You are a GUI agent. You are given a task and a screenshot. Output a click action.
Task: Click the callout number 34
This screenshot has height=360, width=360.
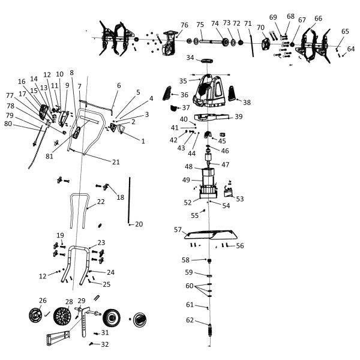[x=190, y=58]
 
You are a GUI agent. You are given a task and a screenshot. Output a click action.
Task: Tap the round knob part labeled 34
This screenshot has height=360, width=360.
[x=208, y=61]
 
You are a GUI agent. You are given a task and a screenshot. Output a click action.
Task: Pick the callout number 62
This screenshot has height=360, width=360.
[x=190, y=320]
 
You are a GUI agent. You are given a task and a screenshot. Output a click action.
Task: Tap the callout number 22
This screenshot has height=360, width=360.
[x=101, y=202]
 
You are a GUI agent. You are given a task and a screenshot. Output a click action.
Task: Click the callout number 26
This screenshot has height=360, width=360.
[x=43, y=301]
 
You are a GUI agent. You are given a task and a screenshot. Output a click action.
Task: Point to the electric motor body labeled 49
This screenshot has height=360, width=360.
[x=210, y=180]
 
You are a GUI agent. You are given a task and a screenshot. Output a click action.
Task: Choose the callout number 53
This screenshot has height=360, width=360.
[x=240, y=198]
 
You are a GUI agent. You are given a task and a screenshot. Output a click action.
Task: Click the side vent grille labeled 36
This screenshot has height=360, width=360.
[x=175, y=94]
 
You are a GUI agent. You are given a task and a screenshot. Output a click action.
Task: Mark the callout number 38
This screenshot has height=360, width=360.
[x=247, y=103]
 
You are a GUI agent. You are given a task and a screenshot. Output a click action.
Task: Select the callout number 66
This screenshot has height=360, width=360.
[x=318, y=19]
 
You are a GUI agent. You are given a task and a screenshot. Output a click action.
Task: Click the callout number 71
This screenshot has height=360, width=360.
[x=248, y=23]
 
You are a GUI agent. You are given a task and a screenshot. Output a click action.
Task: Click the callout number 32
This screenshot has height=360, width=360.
[x=105, y=344]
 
